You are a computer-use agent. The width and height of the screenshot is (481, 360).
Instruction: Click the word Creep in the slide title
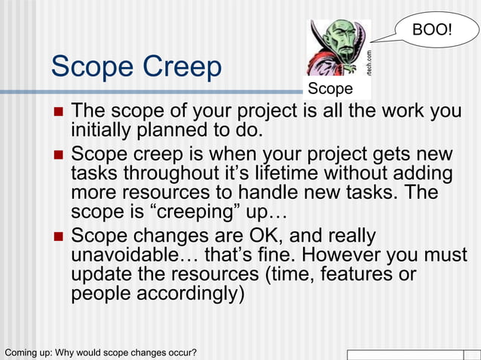pos(182,69)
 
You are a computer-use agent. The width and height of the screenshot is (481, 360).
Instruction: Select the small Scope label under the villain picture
pos(330,90)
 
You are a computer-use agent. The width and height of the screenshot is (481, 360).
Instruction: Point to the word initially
pos(103,131)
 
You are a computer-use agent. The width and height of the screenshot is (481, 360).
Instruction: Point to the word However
pos(324,255)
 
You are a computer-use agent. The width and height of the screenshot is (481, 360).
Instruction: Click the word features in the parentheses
pos(360,274)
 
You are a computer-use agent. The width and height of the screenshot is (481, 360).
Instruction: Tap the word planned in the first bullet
pos(174,131)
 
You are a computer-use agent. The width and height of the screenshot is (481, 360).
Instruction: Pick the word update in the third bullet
pos(104,274)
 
